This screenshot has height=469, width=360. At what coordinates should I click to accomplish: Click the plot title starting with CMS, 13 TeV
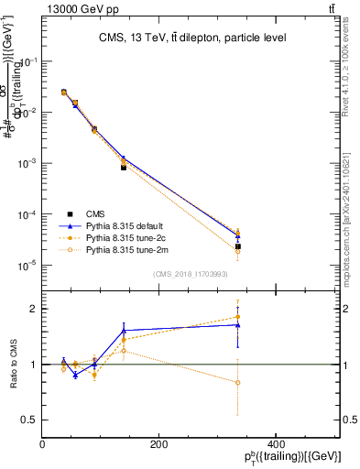(191, 38)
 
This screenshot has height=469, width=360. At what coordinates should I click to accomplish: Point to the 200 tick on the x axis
(158, 445)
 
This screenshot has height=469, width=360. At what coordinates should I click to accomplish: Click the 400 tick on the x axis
(275, 445)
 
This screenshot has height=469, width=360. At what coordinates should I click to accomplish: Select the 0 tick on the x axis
(43, 445)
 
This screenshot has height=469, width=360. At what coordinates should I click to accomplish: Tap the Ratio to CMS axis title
(13, 364)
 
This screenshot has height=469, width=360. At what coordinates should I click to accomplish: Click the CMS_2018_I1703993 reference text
(191, 274)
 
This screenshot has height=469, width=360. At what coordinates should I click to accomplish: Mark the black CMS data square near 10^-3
(124, 168)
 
